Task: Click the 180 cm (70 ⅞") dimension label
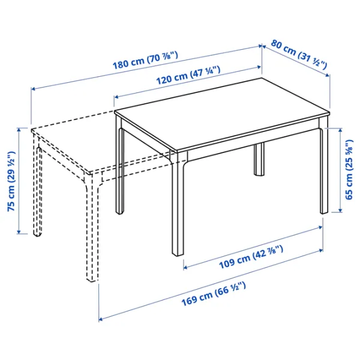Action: (x=146, y=58)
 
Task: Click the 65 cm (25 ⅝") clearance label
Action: (x=349, y=170)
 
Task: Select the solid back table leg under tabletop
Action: (x=259, y=159)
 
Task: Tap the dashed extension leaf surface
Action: (x=102, y=144)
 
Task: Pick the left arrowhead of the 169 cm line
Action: (x=101, y=318)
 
